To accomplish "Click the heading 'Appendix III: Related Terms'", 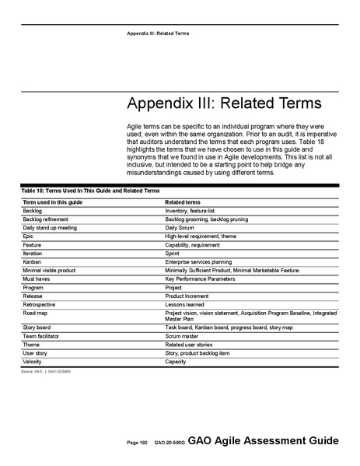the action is click(224, 106).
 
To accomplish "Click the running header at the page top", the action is click(159, 33).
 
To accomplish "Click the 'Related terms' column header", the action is click(183, 202).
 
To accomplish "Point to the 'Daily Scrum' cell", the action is click(180, 228).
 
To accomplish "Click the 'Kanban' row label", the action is click(33, 262).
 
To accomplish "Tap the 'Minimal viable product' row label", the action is click(49, 270).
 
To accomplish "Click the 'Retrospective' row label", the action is click(40, 304).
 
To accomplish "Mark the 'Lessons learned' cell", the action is click(184, 304).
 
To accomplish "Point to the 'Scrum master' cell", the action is click(182, 336).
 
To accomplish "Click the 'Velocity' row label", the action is click(33, 362).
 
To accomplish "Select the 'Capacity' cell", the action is click(176, 362).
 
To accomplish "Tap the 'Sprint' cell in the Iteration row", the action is click(173, 254).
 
